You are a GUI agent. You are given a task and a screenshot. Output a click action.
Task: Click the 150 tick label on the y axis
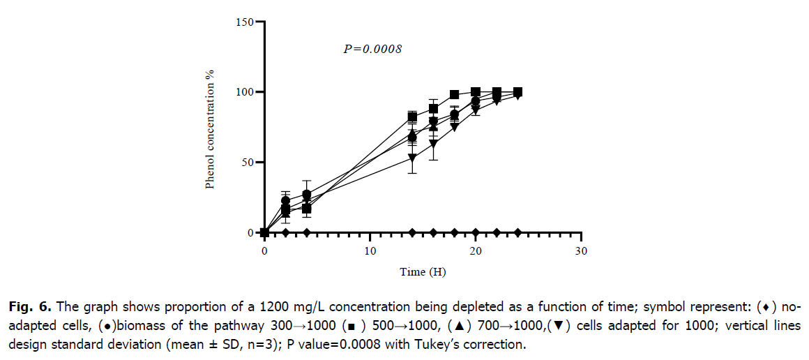pos(246,22)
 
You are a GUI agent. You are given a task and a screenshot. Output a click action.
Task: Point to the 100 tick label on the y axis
pos(246,92)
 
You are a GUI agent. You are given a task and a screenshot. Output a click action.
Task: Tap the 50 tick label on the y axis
pos(248,163)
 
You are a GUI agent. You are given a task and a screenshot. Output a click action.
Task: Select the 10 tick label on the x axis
pos(370,250)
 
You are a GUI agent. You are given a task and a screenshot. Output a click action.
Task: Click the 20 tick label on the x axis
pos(476,250)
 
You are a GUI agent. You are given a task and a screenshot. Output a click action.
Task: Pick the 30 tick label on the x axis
pos(581,250)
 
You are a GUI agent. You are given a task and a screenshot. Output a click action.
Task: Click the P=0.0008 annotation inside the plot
pos(373,50)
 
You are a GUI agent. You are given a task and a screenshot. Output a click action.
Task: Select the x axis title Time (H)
pos(423,272)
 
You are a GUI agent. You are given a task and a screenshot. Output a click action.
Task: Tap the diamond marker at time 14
pos(412,232)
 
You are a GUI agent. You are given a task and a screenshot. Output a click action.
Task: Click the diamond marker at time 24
pos(517,232)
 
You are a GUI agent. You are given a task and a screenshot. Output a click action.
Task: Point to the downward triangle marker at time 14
pos(412,158)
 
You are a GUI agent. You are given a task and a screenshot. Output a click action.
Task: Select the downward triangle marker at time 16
pos(433,144)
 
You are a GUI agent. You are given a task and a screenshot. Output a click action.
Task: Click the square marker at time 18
pos(455,95)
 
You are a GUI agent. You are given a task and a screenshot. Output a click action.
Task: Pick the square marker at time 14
pos(412,117)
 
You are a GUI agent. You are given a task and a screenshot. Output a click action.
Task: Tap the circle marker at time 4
pos(307,195)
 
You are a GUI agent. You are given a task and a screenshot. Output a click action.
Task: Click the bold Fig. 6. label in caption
pos(32,306)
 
